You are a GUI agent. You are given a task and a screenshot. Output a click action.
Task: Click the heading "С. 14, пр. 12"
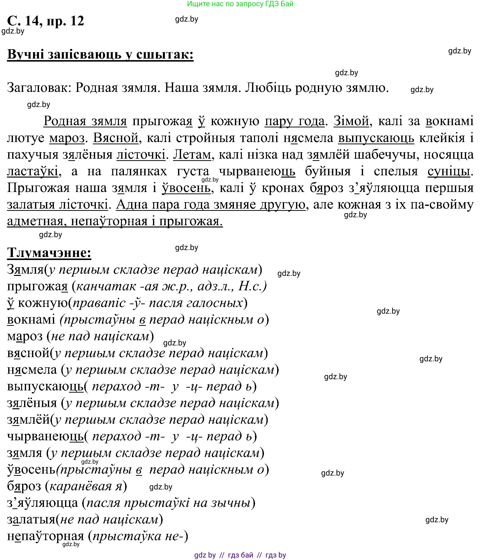tap(45, 21)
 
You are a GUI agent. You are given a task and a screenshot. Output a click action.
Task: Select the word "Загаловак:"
tap(39, 88)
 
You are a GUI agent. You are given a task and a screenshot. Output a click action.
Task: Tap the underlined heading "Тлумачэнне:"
tap(49, 253)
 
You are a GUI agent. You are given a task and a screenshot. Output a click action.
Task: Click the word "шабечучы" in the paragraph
tap(386, 155)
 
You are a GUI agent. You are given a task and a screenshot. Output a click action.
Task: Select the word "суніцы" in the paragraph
tap(449, 171)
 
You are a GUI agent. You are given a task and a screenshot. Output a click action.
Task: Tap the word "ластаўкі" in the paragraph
tap(33, 171)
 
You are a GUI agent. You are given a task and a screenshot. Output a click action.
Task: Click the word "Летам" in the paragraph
tap(192, 155)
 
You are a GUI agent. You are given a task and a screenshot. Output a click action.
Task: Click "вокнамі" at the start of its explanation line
tap(31, 319)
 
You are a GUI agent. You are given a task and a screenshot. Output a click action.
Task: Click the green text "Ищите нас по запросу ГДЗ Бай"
tap(240, 4)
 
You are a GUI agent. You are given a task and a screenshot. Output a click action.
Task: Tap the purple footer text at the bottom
tap(240, 555)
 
